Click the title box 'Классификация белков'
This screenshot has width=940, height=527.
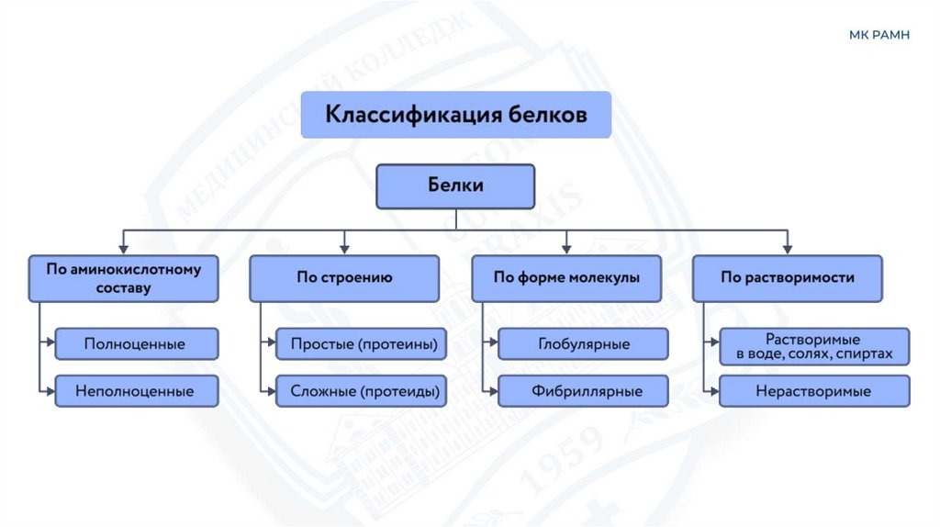(456, 115)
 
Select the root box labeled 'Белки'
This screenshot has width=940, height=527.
(455, 186)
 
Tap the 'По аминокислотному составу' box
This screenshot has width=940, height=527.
(124, 278)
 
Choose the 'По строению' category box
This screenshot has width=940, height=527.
(344, 278)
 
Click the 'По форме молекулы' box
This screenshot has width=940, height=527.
(566, 278)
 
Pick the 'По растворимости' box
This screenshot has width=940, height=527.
(788, 278)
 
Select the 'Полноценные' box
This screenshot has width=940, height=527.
(136, 344)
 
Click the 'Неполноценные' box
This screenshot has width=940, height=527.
(136, 391)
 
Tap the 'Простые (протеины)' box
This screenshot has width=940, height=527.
(363, 344)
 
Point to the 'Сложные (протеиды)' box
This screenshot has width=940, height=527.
(363, 391)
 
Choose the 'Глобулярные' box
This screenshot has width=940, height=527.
(583, 344)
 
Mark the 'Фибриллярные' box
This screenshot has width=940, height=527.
(583, 391)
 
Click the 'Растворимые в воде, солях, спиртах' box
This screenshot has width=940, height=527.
(814, 346)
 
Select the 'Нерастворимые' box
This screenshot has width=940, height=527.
(814, 391)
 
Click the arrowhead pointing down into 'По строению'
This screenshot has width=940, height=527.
(344, 248)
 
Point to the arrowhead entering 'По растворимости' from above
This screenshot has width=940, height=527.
(788, 248)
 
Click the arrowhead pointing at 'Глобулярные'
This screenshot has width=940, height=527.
(493, 344)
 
